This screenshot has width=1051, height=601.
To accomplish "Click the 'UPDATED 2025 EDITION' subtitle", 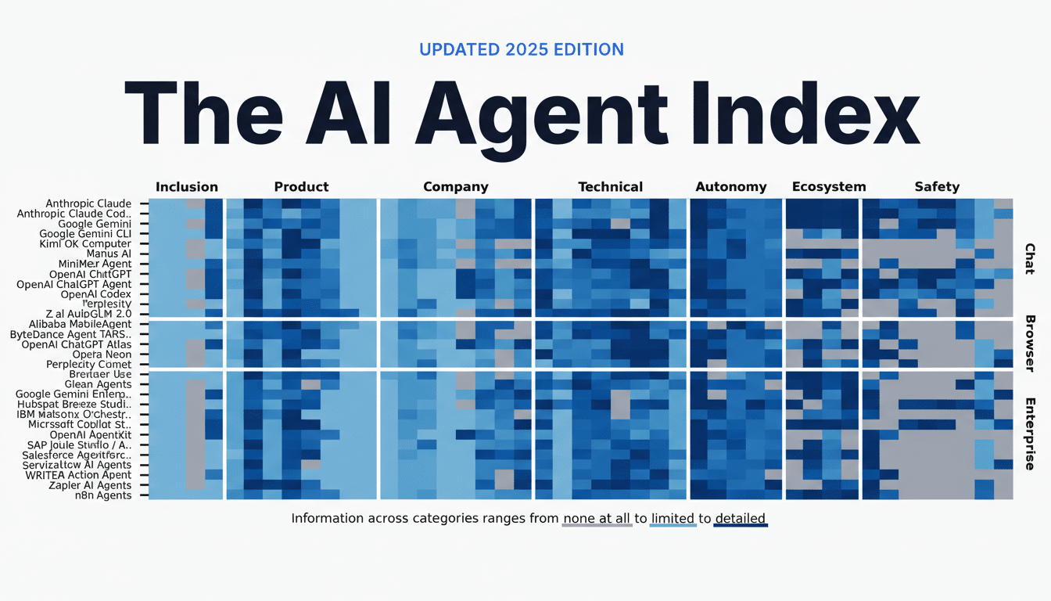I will pos(521,49).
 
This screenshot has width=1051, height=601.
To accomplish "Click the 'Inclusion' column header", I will pos(187,187).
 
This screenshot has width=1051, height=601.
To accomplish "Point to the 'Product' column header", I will pos(301,187).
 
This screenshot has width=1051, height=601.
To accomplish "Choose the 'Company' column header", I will pos(455,187).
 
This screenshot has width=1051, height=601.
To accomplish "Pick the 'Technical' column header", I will pos(610,187).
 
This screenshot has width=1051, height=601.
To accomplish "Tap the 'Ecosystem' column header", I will pos(828,187).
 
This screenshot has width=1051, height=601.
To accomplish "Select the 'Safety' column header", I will pos(936,187).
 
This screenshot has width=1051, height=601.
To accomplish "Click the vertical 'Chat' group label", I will pos(1030,258).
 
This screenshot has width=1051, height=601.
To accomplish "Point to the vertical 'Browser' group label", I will pos(1030,342).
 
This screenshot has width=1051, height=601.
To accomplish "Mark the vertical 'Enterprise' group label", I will pos(1030,433).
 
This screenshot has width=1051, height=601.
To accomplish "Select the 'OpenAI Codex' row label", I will pos(95,294).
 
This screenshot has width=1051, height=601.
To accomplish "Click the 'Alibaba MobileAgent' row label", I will pos(80,324).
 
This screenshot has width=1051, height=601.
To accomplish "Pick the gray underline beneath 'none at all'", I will pos(597,526).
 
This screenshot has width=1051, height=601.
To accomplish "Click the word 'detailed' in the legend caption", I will pos(739,518).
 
